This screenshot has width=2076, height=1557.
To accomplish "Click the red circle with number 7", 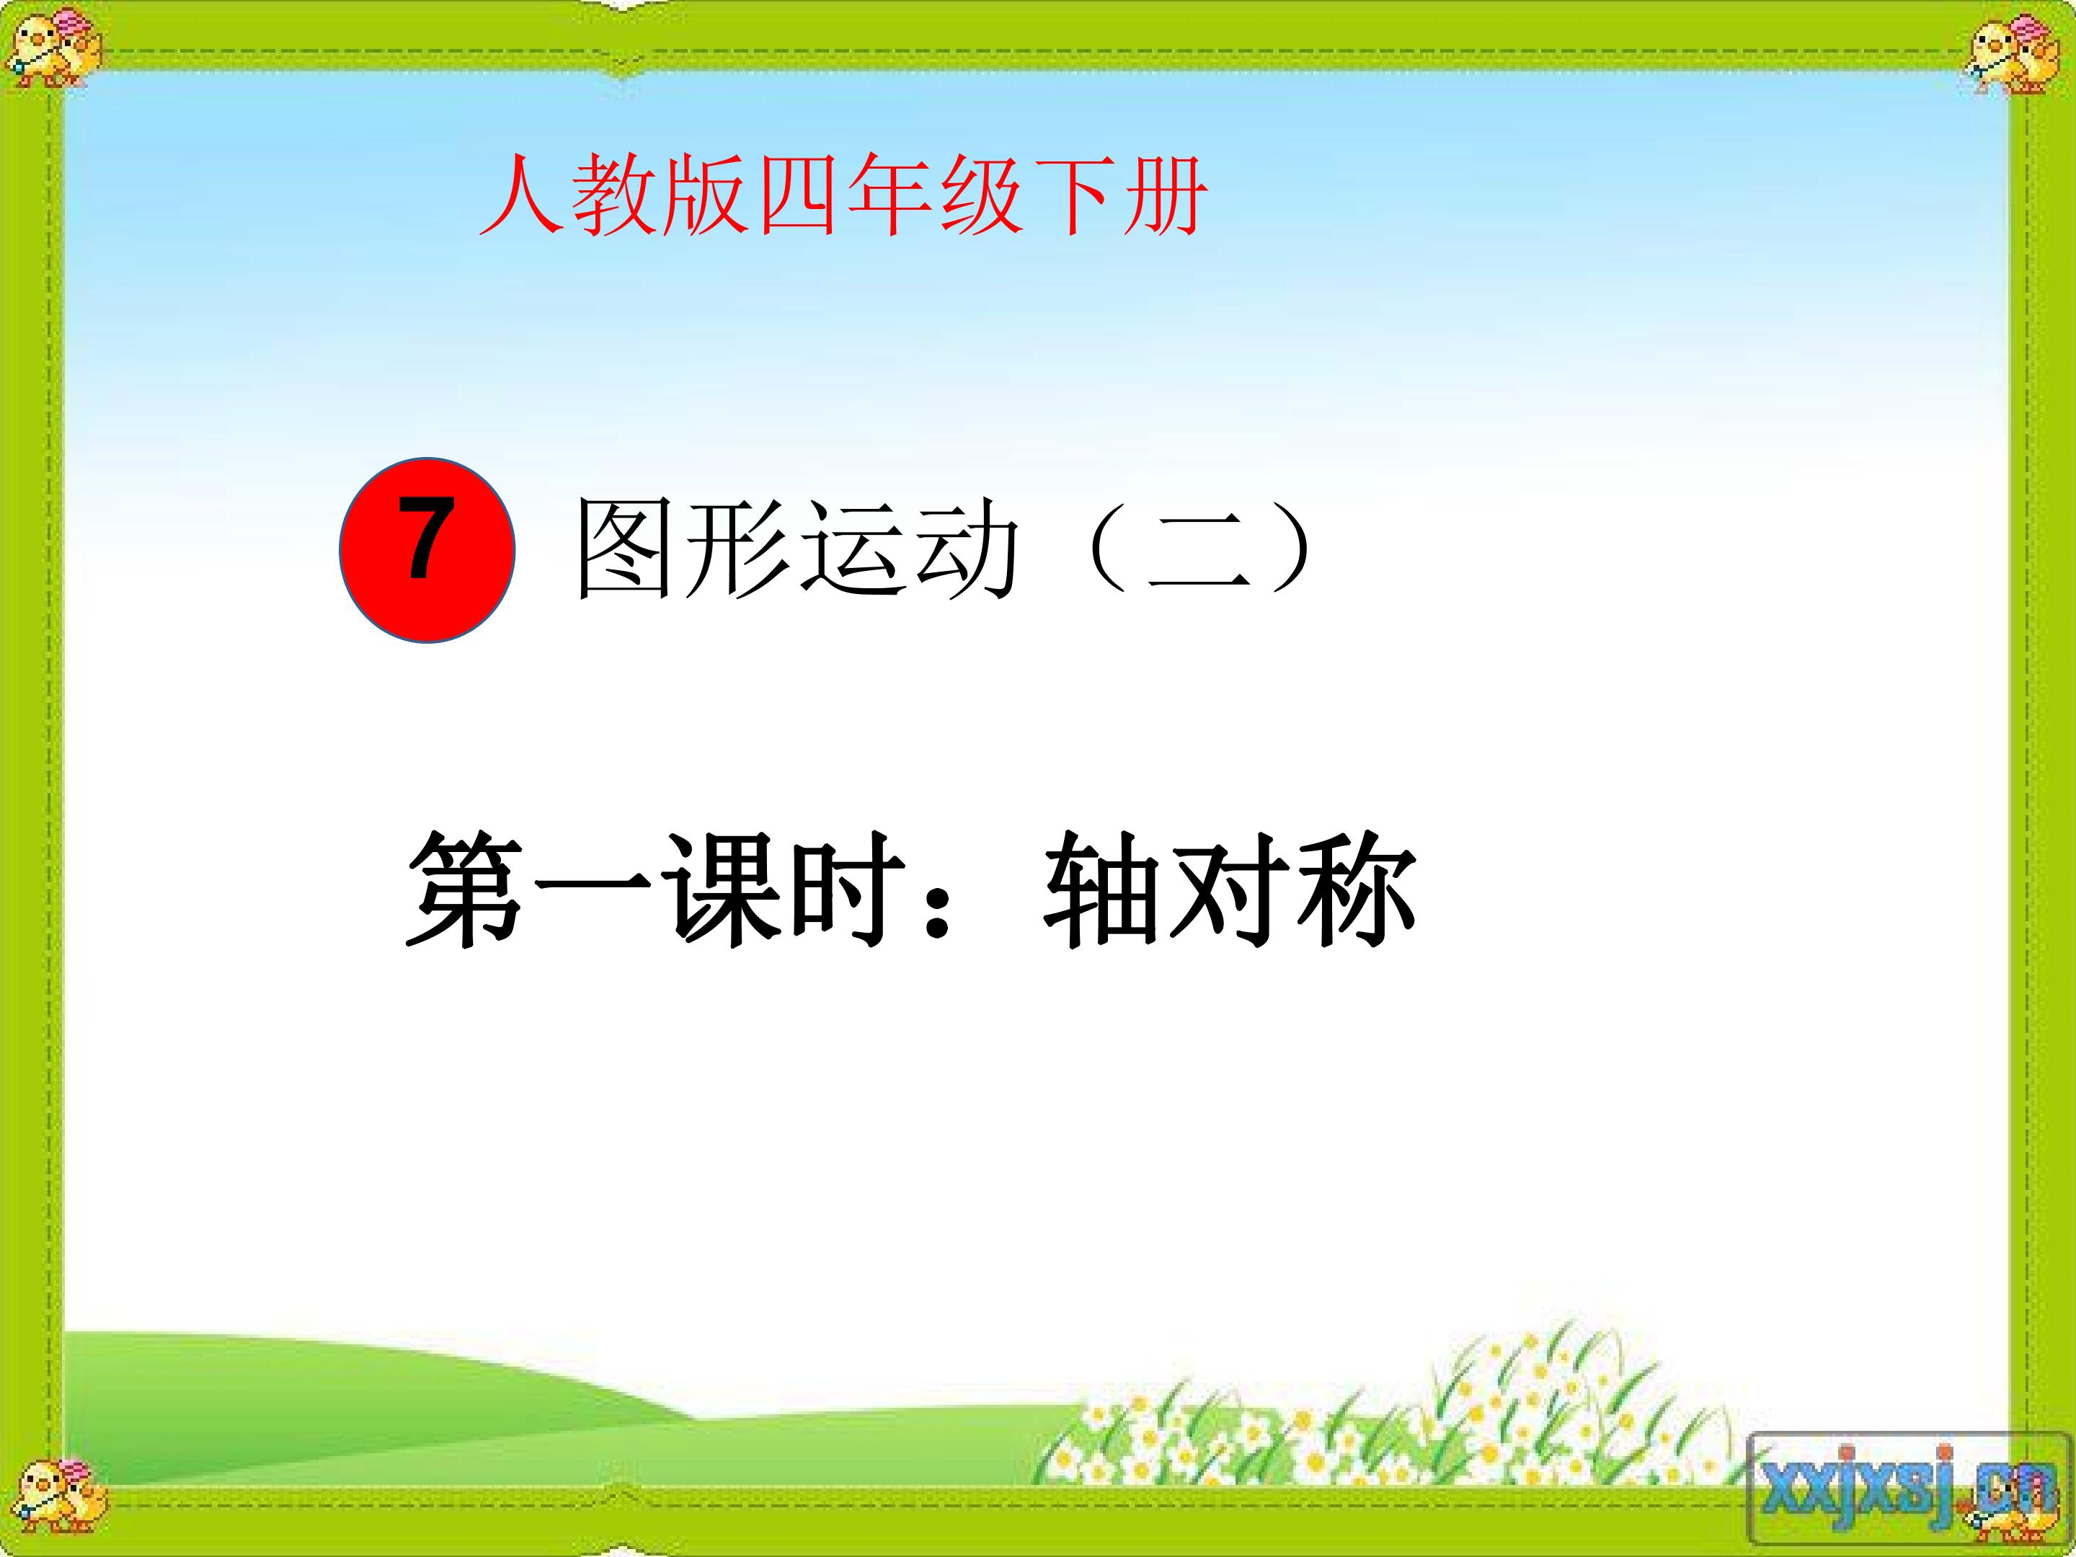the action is (427, 550).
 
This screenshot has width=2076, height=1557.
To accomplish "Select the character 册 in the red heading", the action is (1163, 195).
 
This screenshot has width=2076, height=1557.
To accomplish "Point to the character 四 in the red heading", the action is (798, 195).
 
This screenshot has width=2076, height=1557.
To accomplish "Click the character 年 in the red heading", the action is (890, 195).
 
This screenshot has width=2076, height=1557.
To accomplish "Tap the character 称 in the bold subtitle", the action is (1355, 889).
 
